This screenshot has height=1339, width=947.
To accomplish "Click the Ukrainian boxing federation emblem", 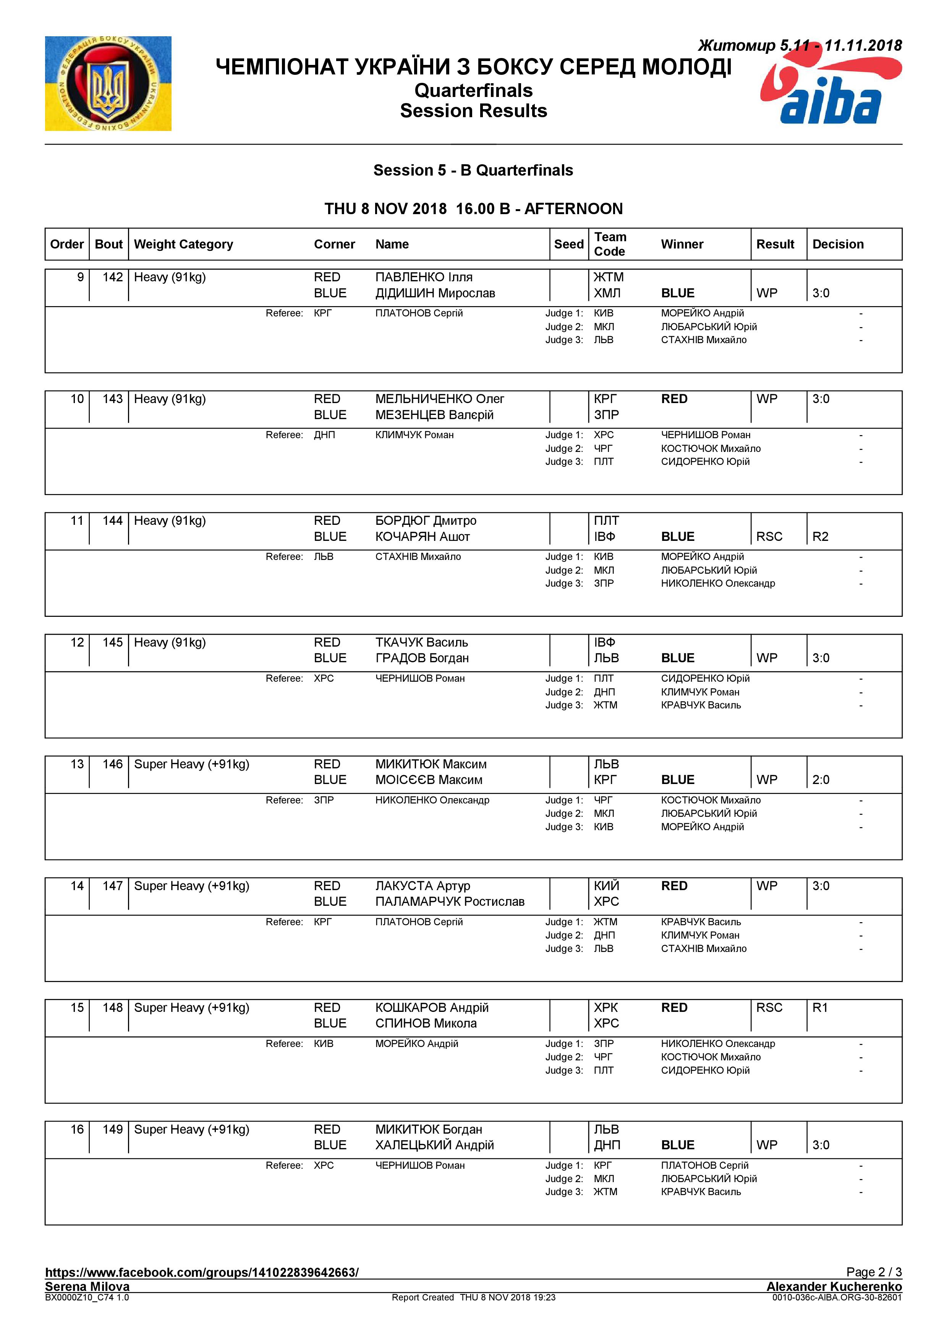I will tap(108, 83).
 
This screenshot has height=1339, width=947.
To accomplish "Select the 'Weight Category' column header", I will tap(183, 244).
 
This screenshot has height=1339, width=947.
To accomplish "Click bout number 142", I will tap(113, 277).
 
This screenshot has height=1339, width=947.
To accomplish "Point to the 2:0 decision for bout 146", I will tap(821, 780).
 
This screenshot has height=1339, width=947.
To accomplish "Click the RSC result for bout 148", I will tap(769, 1008).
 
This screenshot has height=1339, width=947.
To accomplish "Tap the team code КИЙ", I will tap(606, 886).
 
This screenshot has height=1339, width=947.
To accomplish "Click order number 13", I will tap(77, 764).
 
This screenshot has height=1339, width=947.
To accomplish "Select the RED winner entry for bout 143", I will tap(674, 399).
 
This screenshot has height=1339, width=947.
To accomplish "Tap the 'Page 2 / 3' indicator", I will tap(874, 1272).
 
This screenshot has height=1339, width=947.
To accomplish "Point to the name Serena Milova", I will tap(87, 1286).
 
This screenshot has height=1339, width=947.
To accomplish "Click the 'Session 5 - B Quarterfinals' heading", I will tap(473, 170).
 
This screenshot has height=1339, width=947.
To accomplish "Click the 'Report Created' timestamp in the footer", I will tap(473, 1298).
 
